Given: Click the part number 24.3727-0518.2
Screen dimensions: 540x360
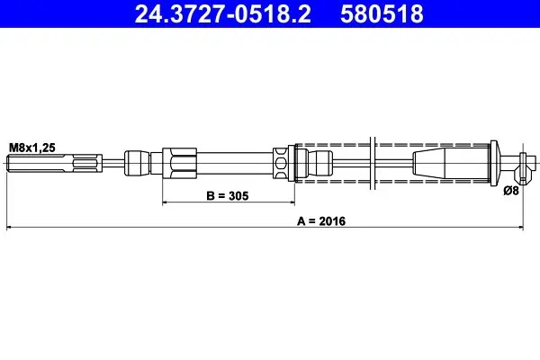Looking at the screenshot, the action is coord(223,13).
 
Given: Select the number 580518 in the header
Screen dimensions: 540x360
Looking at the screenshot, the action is coord(382,13).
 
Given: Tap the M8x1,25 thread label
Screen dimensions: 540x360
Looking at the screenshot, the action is coord(32,148).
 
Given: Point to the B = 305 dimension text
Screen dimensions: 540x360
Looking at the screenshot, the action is coord(228,195).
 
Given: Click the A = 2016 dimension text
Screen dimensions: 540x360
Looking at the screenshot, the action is coord(321,221).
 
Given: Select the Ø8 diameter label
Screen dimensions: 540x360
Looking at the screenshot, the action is coord(511,191).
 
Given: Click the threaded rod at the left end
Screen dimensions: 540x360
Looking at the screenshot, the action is coord(54,163).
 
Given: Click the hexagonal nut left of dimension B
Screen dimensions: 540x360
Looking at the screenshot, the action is coord(179,163).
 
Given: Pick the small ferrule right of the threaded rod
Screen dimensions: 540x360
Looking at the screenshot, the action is coord(138,163).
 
